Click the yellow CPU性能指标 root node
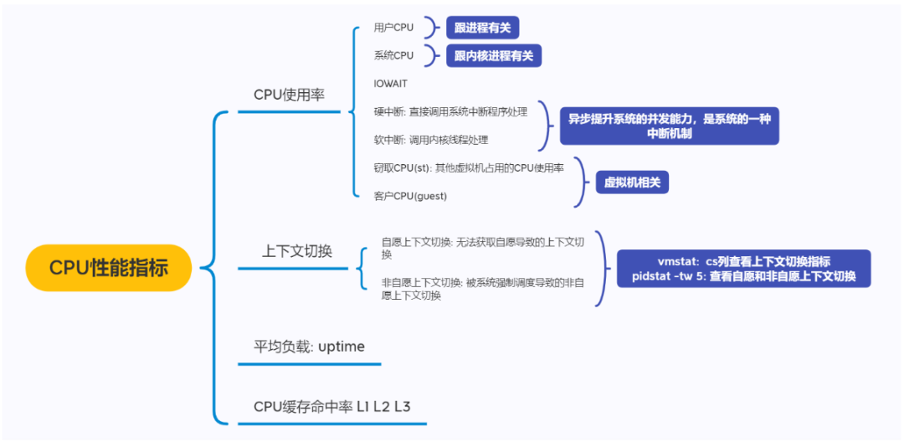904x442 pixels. [109, 268]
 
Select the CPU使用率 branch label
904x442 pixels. [289, 95]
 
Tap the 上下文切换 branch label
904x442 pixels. [297, 251]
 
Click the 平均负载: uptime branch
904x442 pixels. [309, 347]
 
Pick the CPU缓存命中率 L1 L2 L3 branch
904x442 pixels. [332, 407]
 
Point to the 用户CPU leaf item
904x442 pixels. [393, 28]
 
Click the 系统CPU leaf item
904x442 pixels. [393, 56]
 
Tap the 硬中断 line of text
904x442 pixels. [450, 112]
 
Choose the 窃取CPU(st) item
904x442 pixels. [469, 168]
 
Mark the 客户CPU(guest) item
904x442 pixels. [410, 196]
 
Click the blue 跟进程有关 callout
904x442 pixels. [482, 28]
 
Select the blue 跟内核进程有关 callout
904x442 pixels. [494, 56]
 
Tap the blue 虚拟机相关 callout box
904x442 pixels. [632, 182]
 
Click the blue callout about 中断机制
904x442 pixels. [669, 126]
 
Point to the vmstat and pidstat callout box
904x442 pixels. [743, 269]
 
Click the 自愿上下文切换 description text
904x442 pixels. [482, 248]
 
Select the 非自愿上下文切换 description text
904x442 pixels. [482, 289]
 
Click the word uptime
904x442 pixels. [342, 347]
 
